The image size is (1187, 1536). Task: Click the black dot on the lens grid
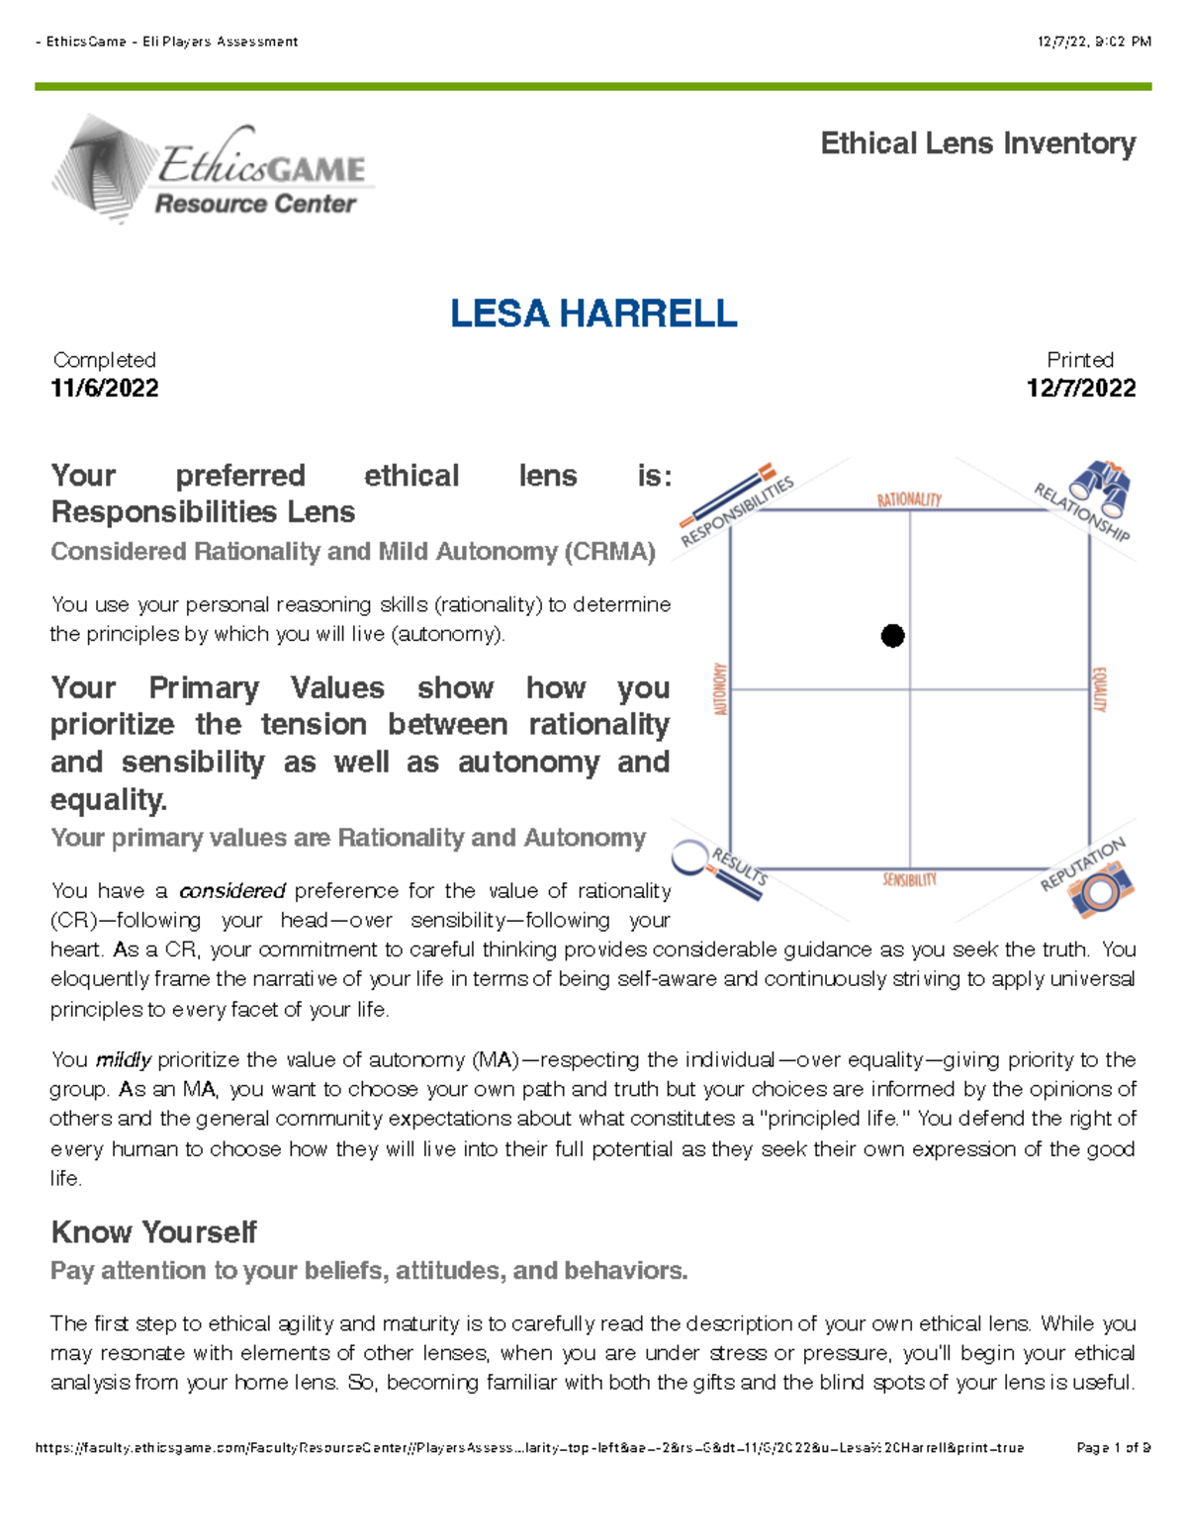click(892, 636)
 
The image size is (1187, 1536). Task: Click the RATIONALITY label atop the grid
click(909, 499)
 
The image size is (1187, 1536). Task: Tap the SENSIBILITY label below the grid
click(909, 879)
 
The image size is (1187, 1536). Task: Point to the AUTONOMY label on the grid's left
click(720, 689)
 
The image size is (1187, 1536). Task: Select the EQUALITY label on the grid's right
click(1099, 689)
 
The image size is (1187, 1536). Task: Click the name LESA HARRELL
click(593, 314)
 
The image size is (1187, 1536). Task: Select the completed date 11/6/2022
click(105, 388)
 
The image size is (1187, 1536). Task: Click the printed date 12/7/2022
click(1081, 388)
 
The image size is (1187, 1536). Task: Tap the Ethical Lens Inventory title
click(977, 143)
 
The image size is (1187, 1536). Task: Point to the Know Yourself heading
click(153, 1232)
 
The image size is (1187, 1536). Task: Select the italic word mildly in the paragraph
click(123, 1060)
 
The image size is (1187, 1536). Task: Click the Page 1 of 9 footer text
click(1113, 1448)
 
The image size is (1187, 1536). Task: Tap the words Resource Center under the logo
click(255, 204)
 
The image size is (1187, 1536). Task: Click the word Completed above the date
click(104, 360)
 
